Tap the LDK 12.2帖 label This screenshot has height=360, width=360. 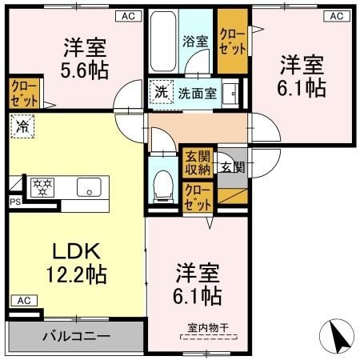pos(75,263)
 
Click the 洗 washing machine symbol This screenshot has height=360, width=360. pos(160,92)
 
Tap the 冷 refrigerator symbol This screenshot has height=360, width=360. pos(22,126)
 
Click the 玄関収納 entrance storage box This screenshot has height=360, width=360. pos(197,162)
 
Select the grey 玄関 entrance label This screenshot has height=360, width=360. pos(232,167)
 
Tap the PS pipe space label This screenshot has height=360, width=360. pos(14,202)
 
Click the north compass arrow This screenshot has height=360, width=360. pos(338,334)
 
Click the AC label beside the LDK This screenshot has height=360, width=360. pos(22,301)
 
